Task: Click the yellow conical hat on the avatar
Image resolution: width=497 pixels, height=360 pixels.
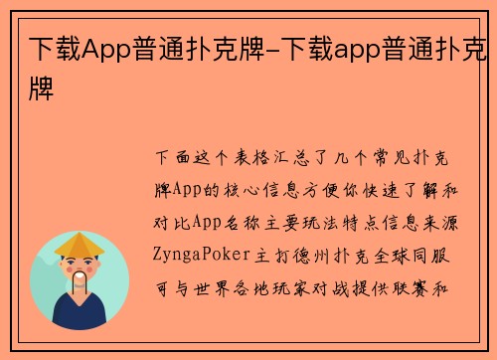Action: (80, 245)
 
